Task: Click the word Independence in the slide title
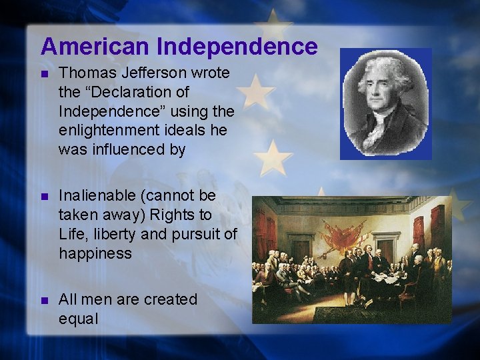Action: (237, 47)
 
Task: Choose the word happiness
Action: (95, 253)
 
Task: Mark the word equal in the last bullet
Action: (78, 319)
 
